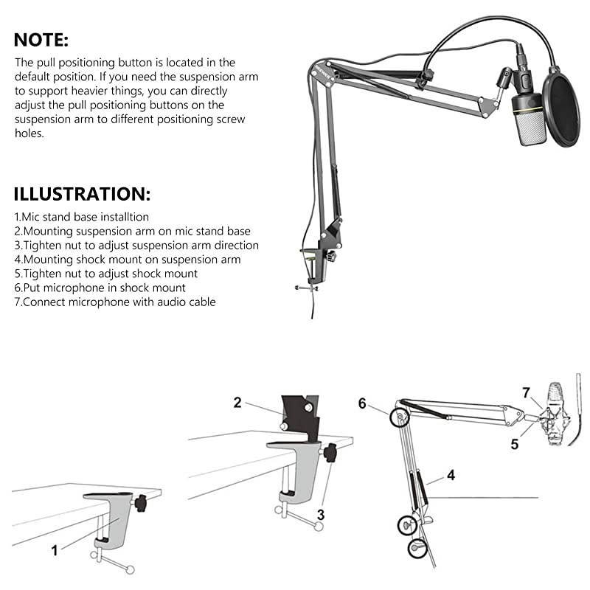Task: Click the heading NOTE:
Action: pyautogui.click(x=41, y=39)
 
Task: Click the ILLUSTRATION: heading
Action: pyautogui.click(x=82, y=195)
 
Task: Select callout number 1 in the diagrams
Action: pyautogui.click(x=54, y=549)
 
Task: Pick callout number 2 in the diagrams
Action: pyautogui.click(x=237, y=403)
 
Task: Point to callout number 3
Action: pyautogui.click(x=321, y=514)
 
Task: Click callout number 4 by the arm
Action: pyautogui.click(x=450, y=476)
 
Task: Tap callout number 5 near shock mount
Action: pyautogui.click(x=514, y=445)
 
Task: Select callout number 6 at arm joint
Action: pyautogui.click(x=362, y=403)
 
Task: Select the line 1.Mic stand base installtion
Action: pyautogui.click(x=81, y=218)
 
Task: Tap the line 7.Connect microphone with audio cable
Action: pyautogui.click(x=115, y=302)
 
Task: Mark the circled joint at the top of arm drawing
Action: pyautogui.click(x=399, y=417)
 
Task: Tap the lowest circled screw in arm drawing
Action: pyautogui.click(x=418, y=547)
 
